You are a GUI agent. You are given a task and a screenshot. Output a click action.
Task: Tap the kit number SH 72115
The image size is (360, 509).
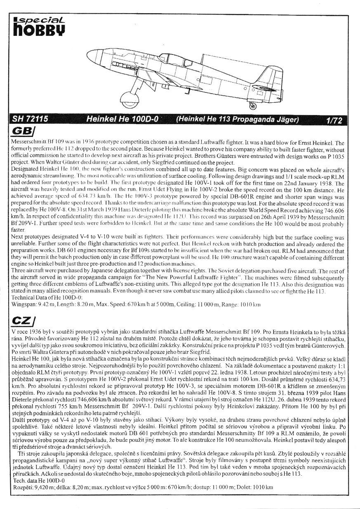click(31, 120)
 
